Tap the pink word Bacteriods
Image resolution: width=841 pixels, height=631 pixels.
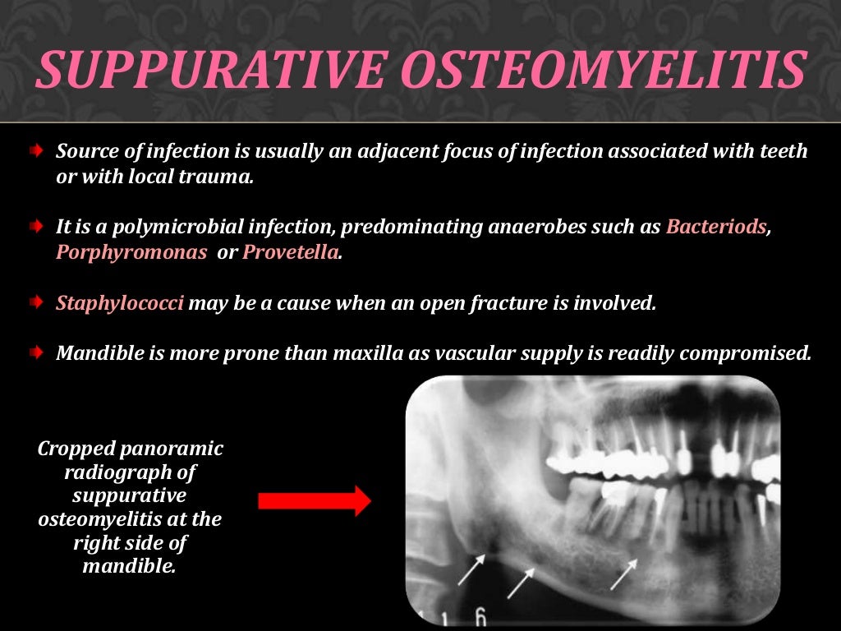tap(716, 227)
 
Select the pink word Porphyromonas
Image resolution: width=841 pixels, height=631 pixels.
tap(131, 252)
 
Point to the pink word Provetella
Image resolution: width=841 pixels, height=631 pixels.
tap(291, 252)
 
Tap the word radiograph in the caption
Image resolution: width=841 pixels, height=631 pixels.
tap(130, 472)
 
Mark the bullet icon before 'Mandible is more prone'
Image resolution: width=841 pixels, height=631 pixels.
tap(36, 352)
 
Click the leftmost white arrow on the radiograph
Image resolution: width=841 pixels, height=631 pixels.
tap(471, 570)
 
